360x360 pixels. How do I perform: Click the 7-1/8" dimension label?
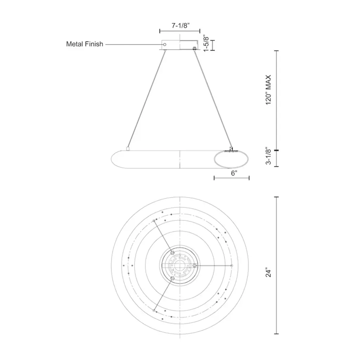[181, 25]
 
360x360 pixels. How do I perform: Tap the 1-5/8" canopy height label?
[206, 44]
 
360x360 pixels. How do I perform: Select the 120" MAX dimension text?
[268, 90]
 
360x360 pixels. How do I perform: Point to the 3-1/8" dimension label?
[268, 156]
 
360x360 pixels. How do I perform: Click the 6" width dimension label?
[234, 173]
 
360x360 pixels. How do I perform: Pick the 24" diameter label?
[268, 272]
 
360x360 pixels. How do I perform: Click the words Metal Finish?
[84, 44]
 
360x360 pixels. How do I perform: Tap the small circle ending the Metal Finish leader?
[165, 44]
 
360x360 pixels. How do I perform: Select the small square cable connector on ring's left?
[128, 149]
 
